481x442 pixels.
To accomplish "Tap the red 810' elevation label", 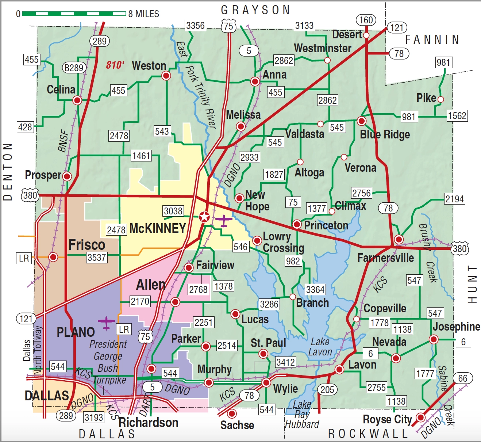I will (115, 65).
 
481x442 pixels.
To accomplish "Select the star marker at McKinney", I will (204, 217).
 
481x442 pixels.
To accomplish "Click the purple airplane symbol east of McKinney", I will (223, 220).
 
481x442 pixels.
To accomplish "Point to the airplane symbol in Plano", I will (106, 323).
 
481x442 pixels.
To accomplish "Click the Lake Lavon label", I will (320, 347).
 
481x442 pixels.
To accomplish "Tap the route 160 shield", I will (366, 20).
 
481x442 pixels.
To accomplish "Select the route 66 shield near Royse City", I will (462, 378).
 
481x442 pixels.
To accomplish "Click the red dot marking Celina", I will (77, 100).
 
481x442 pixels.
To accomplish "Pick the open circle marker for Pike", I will (440, 99).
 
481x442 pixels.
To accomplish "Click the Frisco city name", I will (87, 245).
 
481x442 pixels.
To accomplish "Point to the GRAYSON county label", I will (255, 10).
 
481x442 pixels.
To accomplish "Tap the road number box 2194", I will (454, 199).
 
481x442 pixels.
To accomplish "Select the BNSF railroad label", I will (64, 141).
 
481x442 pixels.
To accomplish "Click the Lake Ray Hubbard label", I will (302, 414).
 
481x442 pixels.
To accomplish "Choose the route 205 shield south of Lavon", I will (327, 389).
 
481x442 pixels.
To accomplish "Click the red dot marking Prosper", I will (67, 176).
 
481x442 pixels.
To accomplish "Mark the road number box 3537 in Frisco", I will (97, 258).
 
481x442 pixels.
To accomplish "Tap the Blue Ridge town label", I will (385, 134).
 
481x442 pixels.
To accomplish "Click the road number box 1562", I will (457, 116).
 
